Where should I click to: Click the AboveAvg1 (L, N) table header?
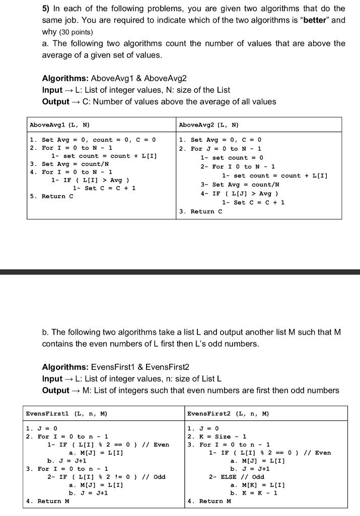[59, 124]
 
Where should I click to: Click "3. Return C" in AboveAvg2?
[200, 211]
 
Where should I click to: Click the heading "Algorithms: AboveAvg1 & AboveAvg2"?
[114, 79]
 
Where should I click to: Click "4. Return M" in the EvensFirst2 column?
[209, 501]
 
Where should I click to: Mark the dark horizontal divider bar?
[180, 272]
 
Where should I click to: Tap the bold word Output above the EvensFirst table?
[55, 390]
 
